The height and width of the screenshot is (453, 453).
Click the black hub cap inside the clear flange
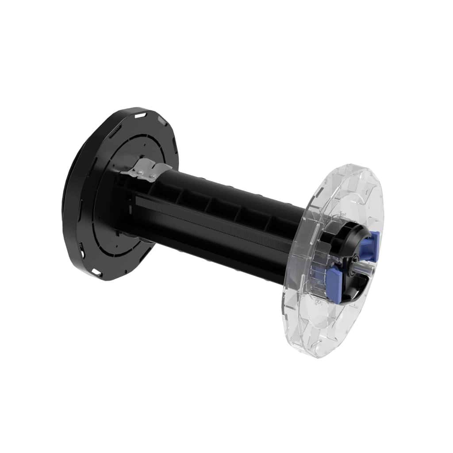(x=352, y=257)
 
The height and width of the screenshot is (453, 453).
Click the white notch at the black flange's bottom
(x=96, y=271)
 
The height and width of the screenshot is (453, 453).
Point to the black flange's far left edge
(x=64, y=195)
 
